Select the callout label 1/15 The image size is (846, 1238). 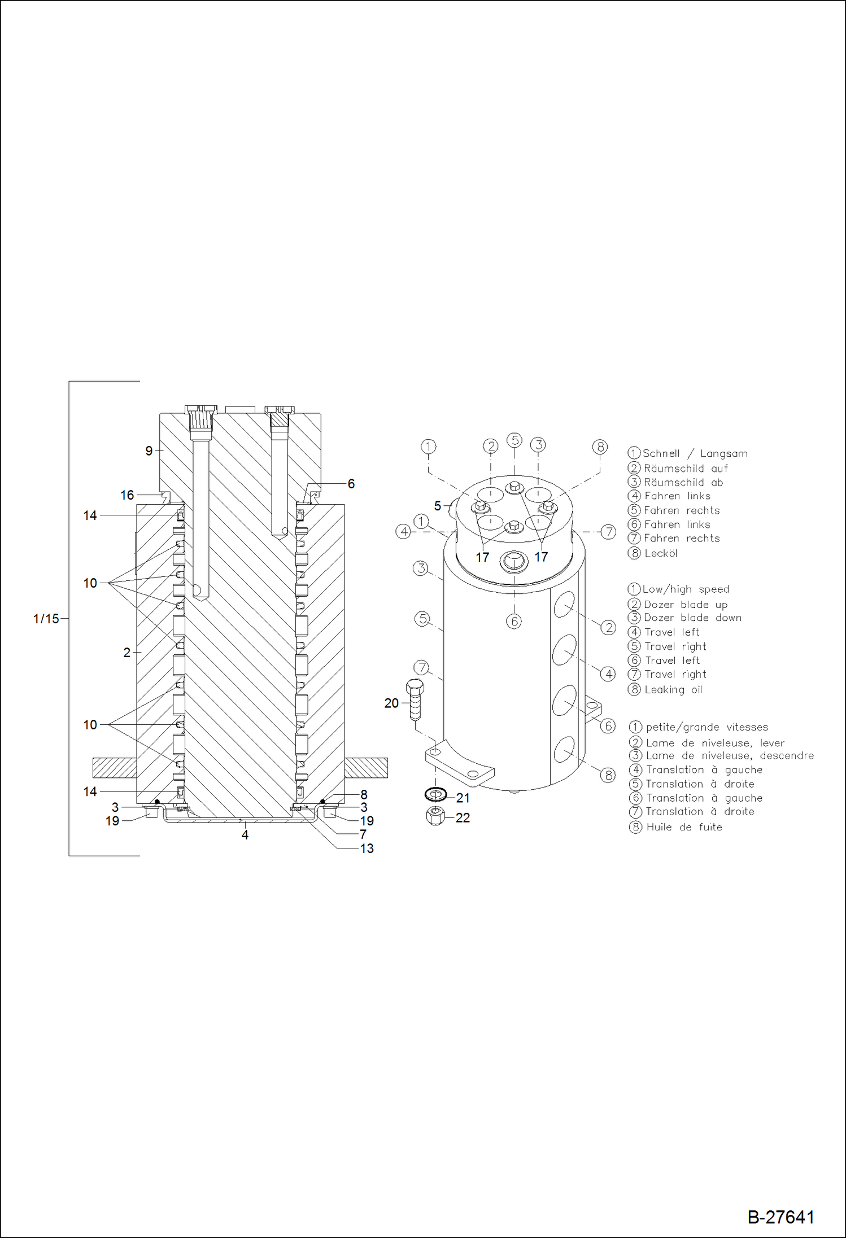[x=46, y=619]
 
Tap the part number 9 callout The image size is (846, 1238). [x=149, y=450]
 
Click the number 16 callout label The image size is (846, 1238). [x=127, y=495]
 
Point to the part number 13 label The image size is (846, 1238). [x=367, y=848]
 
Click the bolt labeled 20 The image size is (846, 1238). [x=415, y=700]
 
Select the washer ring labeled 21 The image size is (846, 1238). [x=435, y=795]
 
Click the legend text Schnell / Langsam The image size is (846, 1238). [x=695, y=453]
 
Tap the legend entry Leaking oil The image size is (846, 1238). [x=673, y=689]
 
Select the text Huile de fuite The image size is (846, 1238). [x=684, y=827]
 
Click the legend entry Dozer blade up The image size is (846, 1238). [x=686, y=604]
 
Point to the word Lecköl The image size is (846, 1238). [x=661, y=553]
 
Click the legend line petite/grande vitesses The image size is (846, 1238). [x=707, y=727]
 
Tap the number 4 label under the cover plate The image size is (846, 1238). [x=245, y=835]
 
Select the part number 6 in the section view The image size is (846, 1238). [x=351, y=484]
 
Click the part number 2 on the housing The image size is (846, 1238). [x=127, y=653]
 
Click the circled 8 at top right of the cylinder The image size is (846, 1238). [x=600, y=447]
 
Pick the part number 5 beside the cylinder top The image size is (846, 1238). [x=437, y=506]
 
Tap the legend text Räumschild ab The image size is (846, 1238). [x=683, y=482]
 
